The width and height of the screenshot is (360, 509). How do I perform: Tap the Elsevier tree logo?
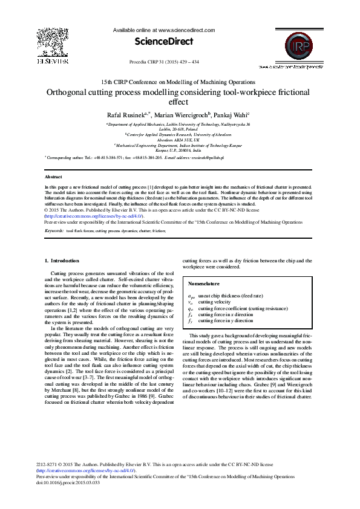(53, 42)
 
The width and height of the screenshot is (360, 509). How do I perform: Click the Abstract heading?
(53, 177)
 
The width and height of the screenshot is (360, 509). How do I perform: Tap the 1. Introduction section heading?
(62, 261)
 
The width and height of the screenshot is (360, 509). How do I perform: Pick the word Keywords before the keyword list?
(54, 231)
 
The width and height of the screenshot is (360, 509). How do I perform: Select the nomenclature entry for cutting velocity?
(214, 302)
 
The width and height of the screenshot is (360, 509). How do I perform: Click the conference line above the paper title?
(178, 82)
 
